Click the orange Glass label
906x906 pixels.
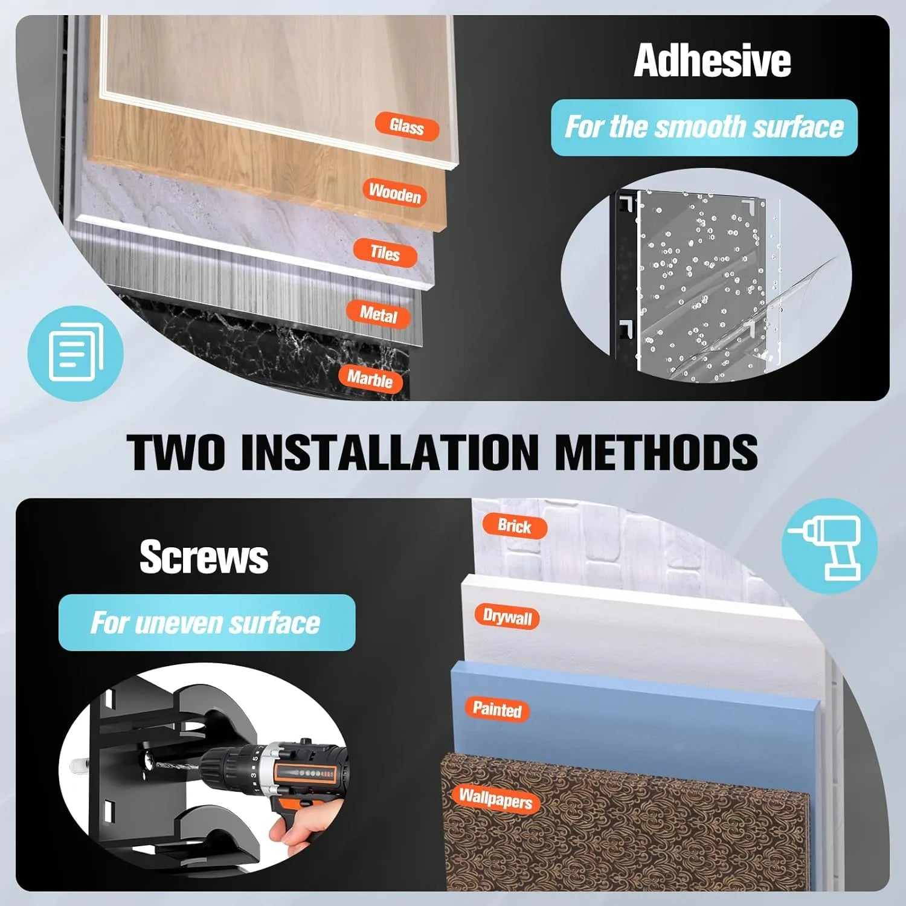[x=406, y=126]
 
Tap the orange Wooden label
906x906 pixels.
[x=395, y=193]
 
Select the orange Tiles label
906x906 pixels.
[x=385, y=252]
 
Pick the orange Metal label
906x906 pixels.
[x=378, y=313]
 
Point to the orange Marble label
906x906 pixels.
[x=370, y=379]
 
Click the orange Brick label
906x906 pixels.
[x=515, y=525]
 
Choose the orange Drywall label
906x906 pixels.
[x=507, y=617]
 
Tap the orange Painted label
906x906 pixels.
[x=497, y=708]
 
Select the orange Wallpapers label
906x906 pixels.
[x=495, y=798]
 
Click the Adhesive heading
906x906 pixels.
[x=712, y=60]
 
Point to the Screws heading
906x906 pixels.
[x=204, y=556]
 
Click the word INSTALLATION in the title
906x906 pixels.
[x=390, y=452]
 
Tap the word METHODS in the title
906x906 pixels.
[x=655, y=452]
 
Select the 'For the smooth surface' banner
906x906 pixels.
[x=704, y=127]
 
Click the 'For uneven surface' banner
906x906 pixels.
[x=207, y=623]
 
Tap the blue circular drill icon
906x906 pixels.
[x=829, y=546]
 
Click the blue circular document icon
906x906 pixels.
[x=75, y=353]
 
